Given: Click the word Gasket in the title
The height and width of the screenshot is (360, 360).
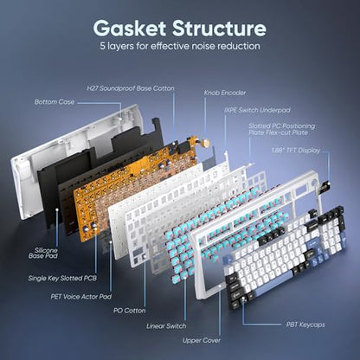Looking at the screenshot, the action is point(129,29).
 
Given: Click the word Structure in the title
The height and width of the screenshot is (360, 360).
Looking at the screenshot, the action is point(219,29).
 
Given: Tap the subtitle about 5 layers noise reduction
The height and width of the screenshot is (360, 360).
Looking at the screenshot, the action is point(180,46).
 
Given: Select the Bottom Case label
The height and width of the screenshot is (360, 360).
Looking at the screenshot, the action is point(55,102).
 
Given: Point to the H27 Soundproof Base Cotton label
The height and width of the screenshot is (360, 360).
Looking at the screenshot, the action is point(131,88).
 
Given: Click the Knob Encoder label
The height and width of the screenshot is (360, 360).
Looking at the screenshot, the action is point(225,93).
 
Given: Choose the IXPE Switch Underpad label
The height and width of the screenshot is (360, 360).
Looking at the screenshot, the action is point(257,110).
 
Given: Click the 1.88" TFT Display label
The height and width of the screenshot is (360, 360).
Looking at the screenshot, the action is point(296,151).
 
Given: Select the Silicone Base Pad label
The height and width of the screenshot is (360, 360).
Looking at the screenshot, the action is point(43,253).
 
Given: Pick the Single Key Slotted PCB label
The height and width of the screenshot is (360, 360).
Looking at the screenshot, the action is point(62,278).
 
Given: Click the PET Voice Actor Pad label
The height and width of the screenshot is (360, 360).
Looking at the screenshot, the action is point(81,297).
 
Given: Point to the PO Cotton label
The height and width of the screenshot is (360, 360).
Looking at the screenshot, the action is point(130,311).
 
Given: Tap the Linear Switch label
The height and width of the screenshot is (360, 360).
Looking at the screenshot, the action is point(166,326).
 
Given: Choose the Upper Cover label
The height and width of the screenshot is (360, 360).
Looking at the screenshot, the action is point(202,340).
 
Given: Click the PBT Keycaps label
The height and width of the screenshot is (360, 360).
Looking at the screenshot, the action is point(305,325).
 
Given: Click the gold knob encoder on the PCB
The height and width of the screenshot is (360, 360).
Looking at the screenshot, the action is point(206,142).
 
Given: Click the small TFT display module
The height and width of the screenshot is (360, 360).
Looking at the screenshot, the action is point(324,188).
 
